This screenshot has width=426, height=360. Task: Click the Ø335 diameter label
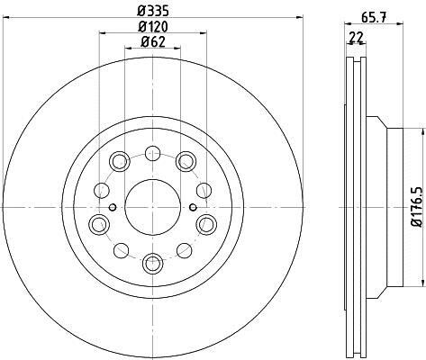click(153, 12)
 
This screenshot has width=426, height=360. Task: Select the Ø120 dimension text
click(153, 27)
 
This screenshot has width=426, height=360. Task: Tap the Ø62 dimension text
click(153, 42)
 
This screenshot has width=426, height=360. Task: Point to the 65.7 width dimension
click(373, 17)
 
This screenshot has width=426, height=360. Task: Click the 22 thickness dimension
click(356, 38)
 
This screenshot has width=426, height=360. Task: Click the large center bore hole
click(152, 207)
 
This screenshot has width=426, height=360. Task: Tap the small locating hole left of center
click(113, 207)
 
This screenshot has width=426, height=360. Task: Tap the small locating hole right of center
click(194, 207)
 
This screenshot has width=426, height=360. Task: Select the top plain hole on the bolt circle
click(152, 153)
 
